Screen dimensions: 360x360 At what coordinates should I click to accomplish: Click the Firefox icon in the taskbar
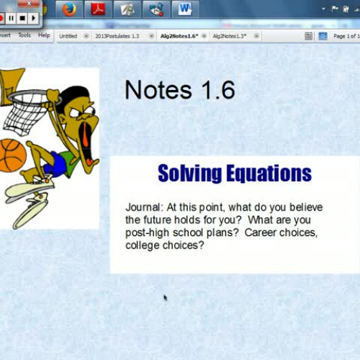[x=68, y=9]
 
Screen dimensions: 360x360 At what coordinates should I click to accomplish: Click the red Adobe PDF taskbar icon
[x=97, y=9]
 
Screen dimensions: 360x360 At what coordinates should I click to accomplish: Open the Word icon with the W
[x=184, y=9]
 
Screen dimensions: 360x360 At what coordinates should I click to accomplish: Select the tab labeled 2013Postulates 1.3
[x=117, y=35]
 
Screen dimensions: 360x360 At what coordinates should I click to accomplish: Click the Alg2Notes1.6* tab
[x=178, y=35]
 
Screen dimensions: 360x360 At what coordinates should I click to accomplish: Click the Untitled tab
[x=68, y=35]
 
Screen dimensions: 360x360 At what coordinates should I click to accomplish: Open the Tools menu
[x=24, y=35]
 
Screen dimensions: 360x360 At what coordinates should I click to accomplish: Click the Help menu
[x=44, y=35]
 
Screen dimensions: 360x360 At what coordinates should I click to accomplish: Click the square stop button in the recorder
[x=22, y=18]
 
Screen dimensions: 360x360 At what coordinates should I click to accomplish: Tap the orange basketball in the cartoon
[x=10, y=155]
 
